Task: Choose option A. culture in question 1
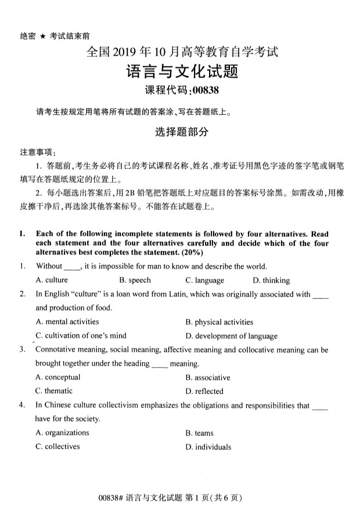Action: tap(52, 280)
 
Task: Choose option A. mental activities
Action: tap(67, 321)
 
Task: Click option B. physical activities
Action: tap(219, 322)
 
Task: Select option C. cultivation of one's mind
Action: tap(81, 335)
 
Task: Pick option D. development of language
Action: tap(224, 336)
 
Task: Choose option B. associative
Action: tap(208, 377)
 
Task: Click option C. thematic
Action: tap(54, 391)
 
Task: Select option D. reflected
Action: tap(204, 392)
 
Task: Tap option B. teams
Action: tap(199, 433)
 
